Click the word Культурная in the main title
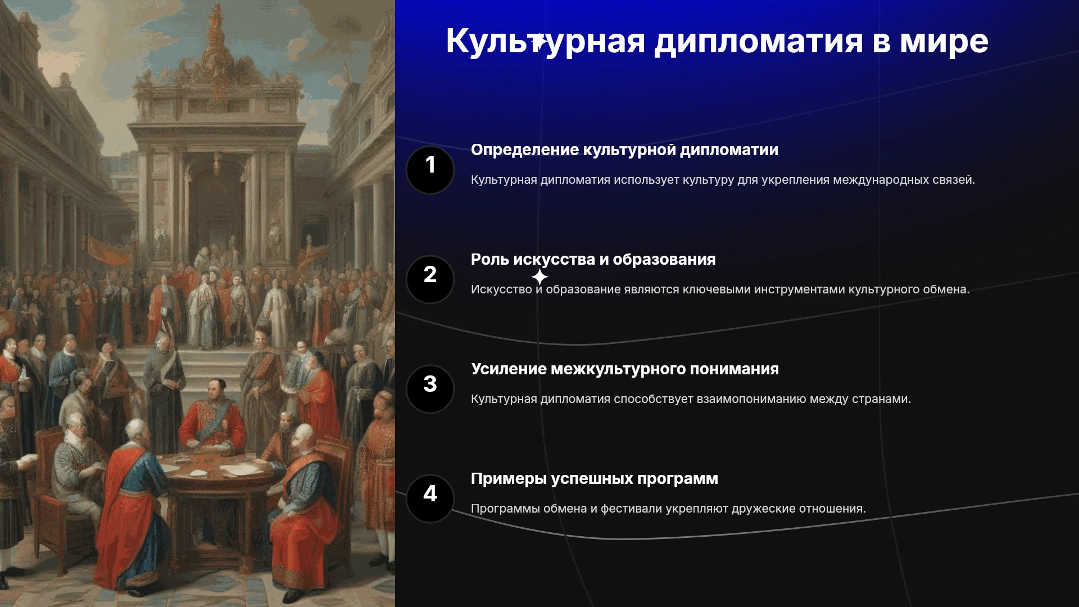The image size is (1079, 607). click(x=545, y=42)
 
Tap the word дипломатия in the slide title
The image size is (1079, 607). click(x=759, y=42)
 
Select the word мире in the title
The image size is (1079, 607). click(x=944, y=42)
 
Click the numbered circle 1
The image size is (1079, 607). click(x=430, y=170)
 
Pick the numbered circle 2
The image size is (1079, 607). click(x=430, y=279)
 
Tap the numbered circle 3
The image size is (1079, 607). click(x=430, y=389)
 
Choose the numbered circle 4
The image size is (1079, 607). click(x=430, y=499)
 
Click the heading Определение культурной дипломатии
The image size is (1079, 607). click(x=624, y=150)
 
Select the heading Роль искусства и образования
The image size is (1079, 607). click(x=593, y=260)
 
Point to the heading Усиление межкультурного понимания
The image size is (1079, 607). click(x=625, y=369)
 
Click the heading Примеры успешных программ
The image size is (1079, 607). click(x=595, y=479)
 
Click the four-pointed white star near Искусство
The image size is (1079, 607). click(x=539, y=277)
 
